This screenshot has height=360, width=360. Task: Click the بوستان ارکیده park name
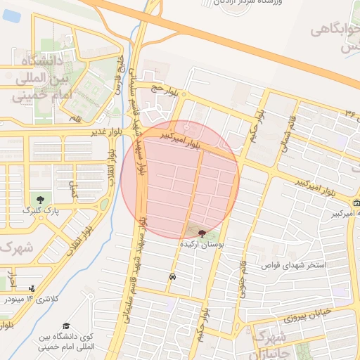(x=202, y=244)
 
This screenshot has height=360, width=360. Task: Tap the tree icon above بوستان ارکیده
(x=202, y=233)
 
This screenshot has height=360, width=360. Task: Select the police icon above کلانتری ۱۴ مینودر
(x=32, y=288)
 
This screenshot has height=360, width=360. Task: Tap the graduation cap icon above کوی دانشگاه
(x=66, y=326)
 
